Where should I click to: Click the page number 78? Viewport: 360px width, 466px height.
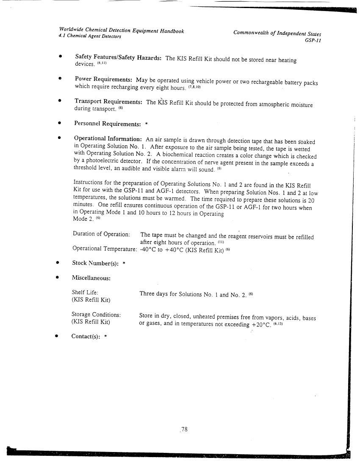point(184,429)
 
